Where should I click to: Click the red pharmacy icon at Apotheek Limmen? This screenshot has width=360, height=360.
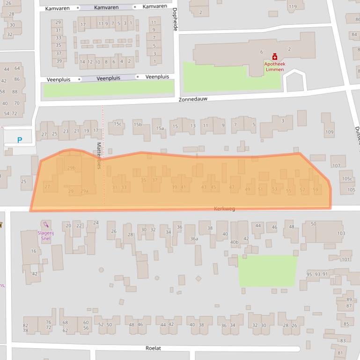[x=275, y=57]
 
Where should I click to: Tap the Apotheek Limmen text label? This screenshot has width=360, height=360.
[x=274, y=66]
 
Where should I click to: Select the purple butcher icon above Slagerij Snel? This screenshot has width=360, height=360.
[x=45, y=224]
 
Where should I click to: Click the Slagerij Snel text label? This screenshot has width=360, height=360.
[x=45, y=235]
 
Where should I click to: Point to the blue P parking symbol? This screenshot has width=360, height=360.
[x=20, y=140]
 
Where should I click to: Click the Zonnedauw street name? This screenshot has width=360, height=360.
[x=192, y=99]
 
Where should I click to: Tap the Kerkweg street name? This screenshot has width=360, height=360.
[x=224, y=209]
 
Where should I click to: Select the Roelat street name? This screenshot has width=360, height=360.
[x=153, y=348]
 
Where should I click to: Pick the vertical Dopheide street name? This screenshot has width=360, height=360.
[x=175, y=19]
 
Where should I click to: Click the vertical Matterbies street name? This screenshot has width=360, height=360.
[x=99, y=156]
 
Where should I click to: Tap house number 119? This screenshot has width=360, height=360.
[x=293, y=7]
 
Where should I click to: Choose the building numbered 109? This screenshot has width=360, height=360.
[x=330, y=132]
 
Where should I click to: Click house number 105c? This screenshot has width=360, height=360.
[x=347, y=179]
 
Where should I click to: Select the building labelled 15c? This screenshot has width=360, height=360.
[x=118, y=124]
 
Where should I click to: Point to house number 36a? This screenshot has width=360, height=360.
[x=194, y=238]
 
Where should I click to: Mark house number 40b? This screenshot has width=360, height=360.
[x=234, y=242]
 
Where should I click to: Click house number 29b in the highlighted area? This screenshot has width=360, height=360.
[x=71, y=168]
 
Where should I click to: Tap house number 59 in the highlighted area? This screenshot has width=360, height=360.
[x=316, y=189]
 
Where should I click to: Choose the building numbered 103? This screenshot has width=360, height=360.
[x=341, y=233]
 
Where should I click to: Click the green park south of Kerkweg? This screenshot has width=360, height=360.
[x=268, y=271]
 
